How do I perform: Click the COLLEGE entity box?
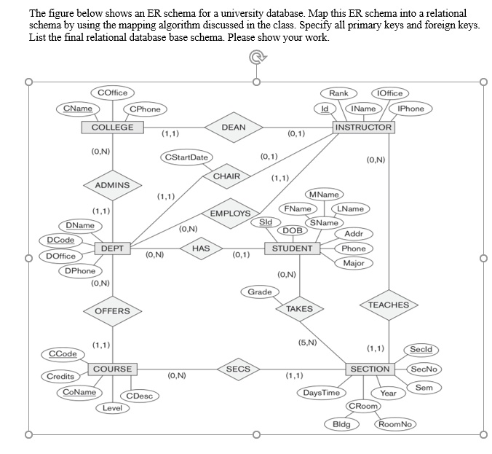tap(112, 128)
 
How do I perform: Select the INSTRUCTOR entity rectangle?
tap(363, 128)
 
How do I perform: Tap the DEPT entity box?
tap(112, 248)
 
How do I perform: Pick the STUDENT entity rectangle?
tap(292, 248)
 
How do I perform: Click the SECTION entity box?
tap(370, 369)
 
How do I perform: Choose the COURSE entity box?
tap(112, 369)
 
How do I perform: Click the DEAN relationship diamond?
tap(234, 128)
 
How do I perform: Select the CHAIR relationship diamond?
tap(226, 176)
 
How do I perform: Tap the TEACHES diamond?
tap(389, 305)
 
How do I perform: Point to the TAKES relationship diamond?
tap(300, 309)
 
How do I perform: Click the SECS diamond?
tap(238, 369)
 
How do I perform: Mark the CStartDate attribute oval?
tap(186, 157)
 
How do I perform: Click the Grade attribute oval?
tap(260, 292)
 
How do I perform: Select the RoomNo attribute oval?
tap(395, 424)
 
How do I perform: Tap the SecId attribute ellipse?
tap(421, 349)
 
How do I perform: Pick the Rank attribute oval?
tap(338, 93)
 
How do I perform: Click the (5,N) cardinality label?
tap(307, 343)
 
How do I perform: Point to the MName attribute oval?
tap(324, 195)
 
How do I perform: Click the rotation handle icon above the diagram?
tap(258, 58)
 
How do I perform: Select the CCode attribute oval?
tap(63, 353)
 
